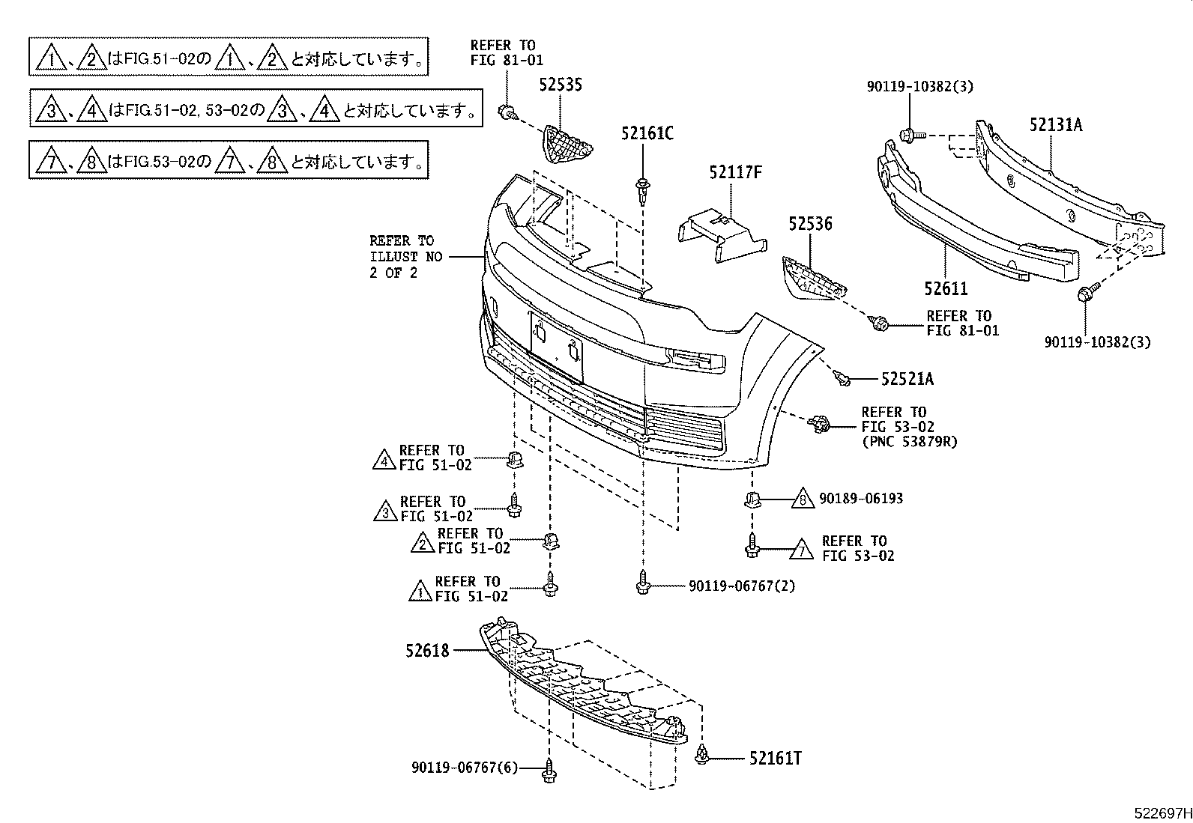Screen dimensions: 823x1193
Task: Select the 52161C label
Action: click(x=647, y=133)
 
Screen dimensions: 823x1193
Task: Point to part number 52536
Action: click(x=809, y=223)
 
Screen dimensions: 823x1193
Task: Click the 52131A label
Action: click(x=1055, y=125)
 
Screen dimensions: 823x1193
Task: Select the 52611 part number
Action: click(x=946, y=288)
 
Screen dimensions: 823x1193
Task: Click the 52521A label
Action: click(x=907, y=380)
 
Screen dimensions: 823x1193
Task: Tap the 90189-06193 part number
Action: click(x=861, y=498)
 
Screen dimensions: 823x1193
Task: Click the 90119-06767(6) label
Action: click(x=465, y=768)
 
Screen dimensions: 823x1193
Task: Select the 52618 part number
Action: click(x=428, y=651)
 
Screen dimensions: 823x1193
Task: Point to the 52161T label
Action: click(x=775, y=759)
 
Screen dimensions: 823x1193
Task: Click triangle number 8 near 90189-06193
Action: click(x=802, y=499)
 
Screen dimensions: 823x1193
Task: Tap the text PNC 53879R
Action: click(x=909, y=442)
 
